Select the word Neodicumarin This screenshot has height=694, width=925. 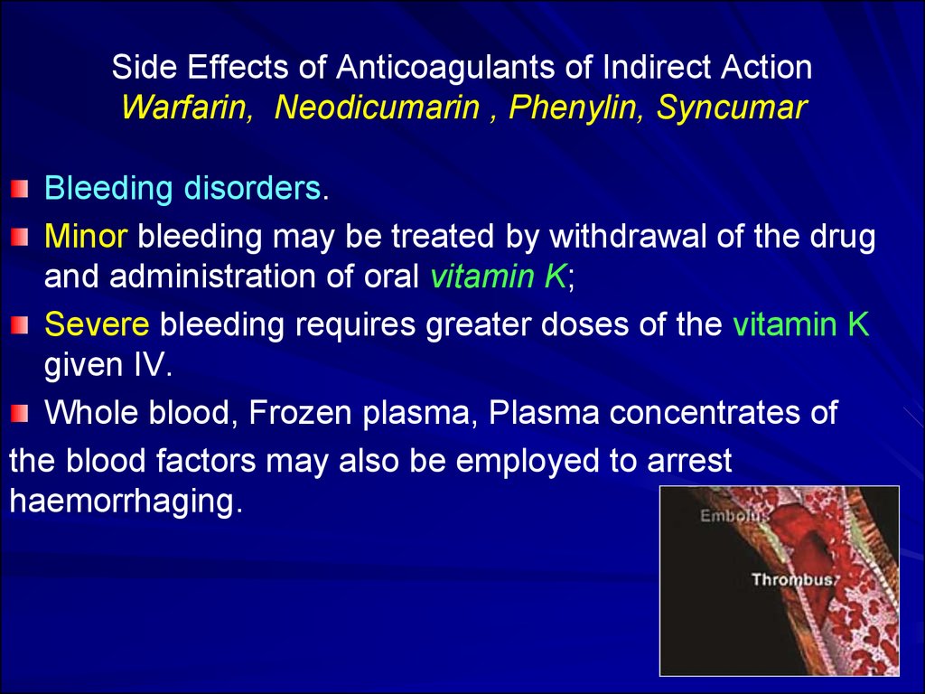click(x=377, y=108)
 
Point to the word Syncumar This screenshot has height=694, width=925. click(x=732, y=108)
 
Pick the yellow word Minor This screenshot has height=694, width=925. click(x=86, y=236)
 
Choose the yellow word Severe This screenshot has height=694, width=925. click(x=97, y=324)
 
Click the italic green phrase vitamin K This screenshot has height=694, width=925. click(x=499, y=277)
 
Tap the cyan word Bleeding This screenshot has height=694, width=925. click(x=108, y=189)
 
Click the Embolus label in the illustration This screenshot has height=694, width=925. click(x=734, y=515)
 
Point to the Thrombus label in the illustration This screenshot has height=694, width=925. click(x=793, y=579)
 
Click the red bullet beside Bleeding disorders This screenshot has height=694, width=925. click(x=20, y=189)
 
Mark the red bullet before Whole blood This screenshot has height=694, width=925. click(x=20, y=413)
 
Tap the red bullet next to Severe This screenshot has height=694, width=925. click(x=20, y=324)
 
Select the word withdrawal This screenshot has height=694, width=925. click(x=628, y=236)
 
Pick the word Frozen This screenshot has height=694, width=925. click(x=300, y=412)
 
